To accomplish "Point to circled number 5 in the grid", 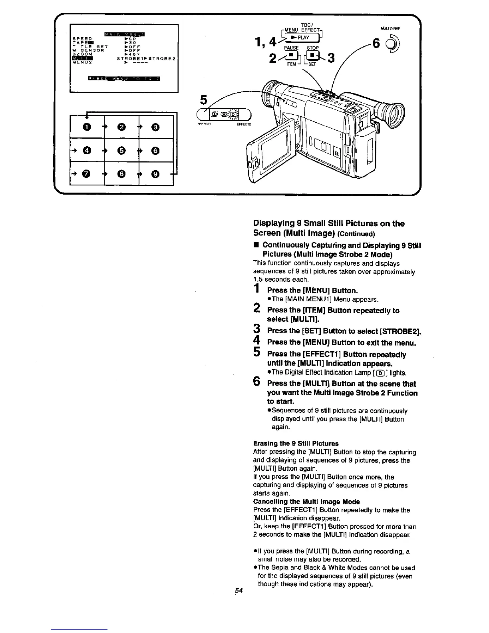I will (x=121, y=150).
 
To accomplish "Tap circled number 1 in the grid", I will (x=86, y=127).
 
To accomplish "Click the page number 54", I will (x=239, y=590).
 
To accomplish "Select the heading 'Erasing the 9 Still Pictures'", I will (x=296, y=443).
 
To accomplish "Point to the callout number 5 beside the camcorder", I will (x=204, y=100).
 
